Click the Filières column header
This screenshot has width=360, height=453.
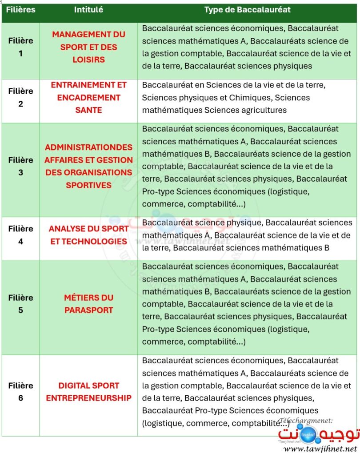click(x=20, y=10)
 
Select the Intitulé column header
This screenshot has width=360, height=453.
click(x=88, y=10)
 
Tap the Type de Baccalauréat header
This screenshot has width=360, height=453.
click(x=248, y=10)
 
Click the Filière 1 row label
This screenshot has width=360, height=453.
click(x=20, y=47)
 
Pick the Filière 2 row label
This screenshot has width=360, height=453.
click(x=20, y=97)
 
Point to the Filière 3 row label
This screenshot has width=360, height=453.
click(x=20, y=166)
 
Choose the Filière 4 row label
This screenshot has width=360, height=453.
click(x=20, y=235)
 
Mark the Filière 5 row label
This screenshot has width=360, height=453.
click(x=20, y=304)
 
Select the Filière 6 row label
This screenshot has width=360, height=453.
click(x=20, y=392)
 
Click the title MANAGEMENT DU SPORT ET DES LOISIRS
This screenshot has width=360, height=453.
click(x=88, y=47)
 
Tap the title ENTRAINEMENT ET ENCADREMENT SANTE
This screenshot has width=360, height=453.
click(x=88, y=97)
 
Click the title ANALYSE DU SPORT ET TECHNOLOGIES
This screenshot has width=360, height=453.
click(x=88, y=235)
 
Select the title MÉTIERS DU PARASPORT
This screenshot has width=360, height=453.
click(x=88, y=304)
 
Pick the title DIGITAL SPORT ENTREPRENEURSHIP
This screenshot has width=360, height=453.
click(x=88, y=392)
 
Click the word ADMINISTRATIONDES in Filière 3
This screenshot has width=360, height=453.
click(x=88, y=147)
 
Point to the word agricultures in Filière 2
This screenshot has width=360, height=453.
click(x=262, y=110)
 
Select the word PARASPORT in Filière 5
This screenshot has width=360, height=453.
click(x=88, y=310)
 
